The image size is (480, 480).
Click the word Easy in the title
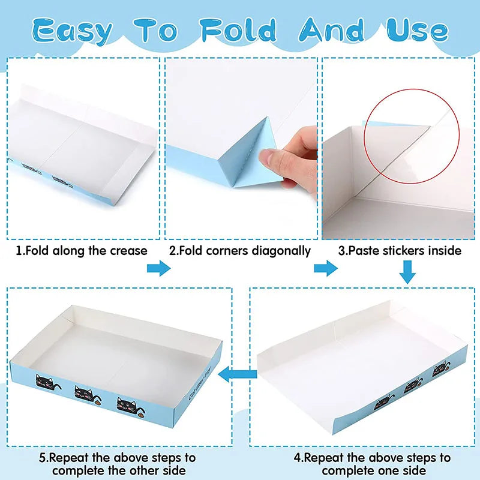71,31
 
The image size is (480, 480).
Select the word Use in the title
417,30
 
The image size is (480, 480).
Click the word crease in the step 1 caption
128,251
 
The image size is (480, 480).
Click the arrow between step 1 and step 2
158,268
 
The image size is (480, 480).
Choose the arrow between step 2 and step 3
326,268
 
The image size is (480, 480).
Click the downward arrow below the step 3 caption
407,272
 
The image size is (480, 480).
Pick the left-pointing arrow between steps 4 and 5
237,374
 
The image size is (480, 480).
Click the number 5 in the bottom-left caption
42,458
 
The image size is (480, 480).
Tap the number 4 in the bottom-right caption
297,458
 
